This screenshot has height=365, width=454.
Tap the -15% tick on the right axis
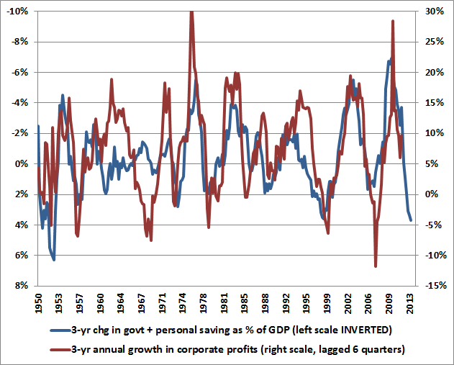(x=432, y=286)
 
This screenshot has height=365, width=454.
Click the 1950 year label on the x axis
(x=38, y=300)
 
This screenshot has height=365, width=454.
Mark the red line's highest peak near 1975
(x=191, y=12)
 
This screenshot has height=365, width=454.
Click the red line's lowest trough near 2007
(x=376, y=266)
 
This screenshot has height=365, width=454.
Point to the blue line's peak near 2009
(x=390, y=60)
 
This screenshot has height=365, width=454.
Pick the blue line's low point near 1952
(x=54, y=259)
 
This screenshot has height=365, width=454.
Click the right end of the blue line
(x=412, y=220)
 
